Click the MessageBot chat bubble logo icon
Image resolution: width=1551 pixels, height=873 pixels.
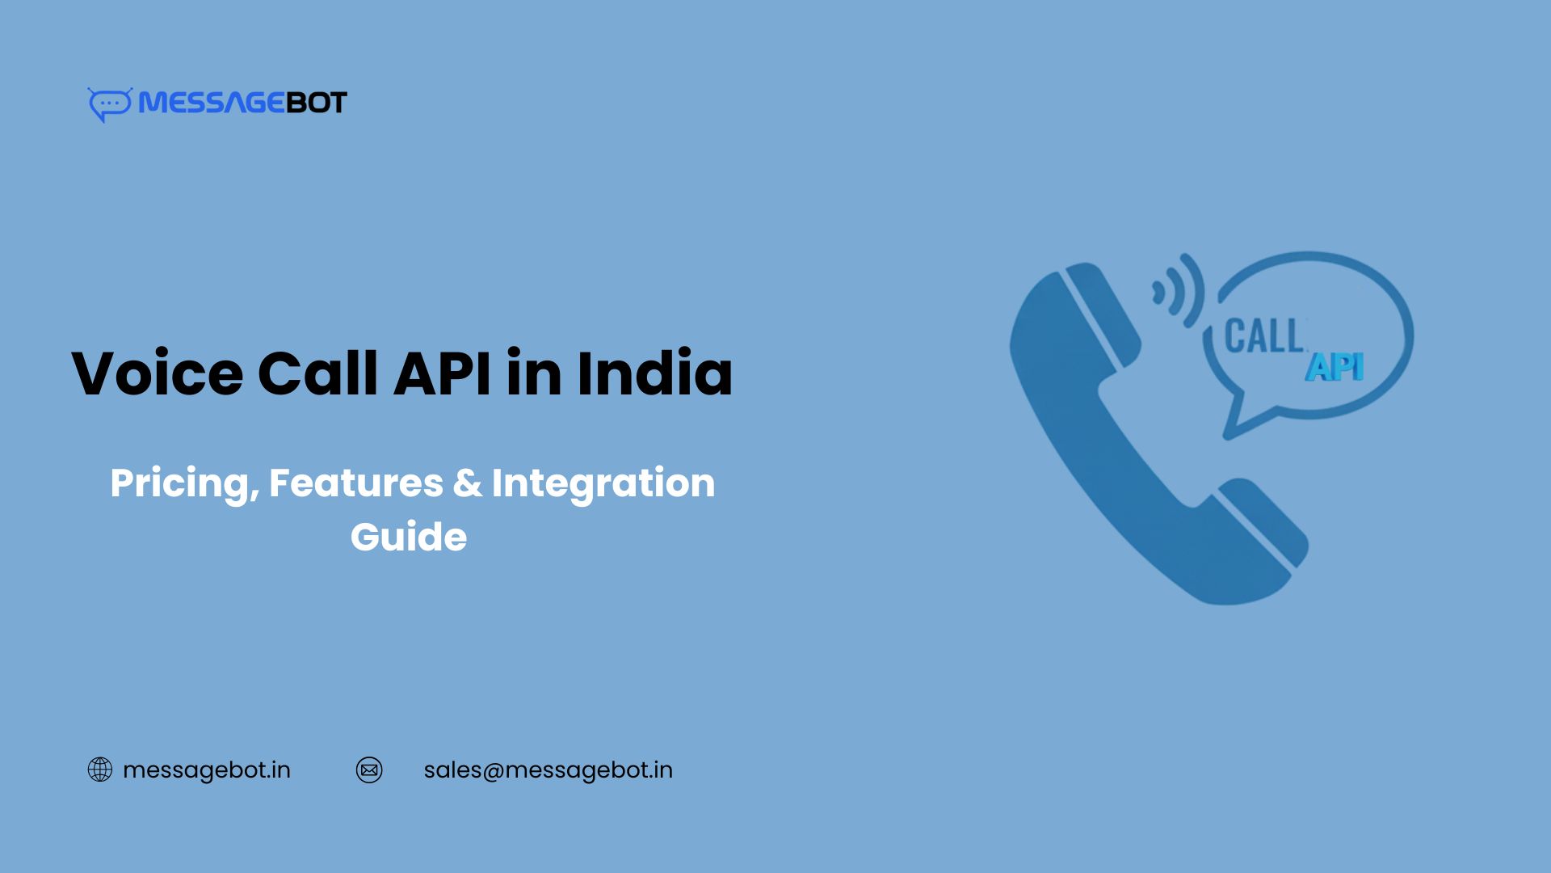coord(109,104)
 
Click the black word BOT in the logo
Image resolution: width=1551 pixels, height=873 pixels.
coord(317,103)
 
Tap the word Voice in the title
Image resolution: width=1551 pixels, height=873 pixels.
coord(158,373)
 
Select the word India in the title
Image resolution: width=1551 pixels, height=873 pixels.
coord(654,373)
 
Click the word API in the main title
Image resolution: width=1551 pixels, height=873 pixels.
coord(442,373)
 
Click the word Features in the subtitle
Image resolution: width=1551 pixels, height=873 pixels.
coord(355,483)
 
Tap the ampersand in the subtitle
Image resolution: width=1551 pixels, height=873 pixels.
coord(467,483)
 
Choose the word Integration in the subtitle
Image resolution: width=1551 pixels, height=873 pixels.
coord(603,484)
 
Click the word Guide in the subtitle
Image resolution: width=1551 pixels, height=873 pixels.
coord(409,537)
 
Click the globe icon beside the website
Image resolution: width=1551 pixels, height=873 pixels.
coord(100,770)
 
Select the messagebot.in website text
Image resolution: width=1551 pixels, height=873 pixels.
coord(207,770)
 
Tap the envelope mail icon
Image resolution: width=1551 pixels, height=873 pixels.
coord(369,770)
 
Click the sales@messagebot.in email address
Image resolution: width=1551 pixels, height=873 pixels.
coord(548,770)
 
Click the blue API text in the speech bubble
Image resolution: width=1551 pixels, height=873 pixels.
coord(1335,368)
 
